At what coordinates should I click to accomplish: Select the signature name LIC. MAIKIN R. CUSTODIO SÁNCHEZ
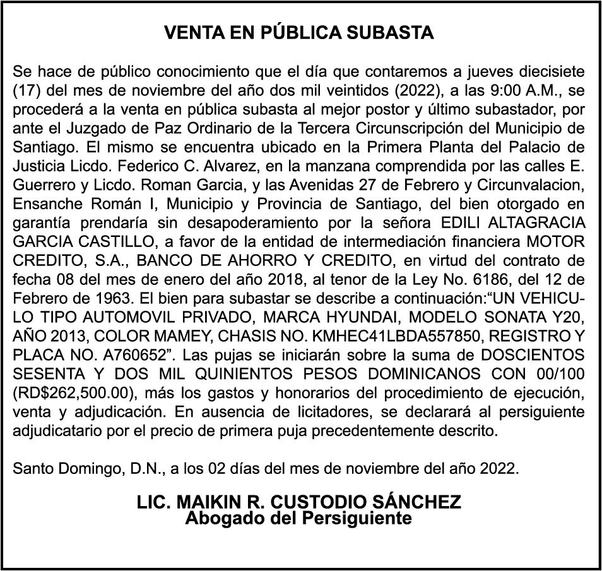[299, 503]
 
